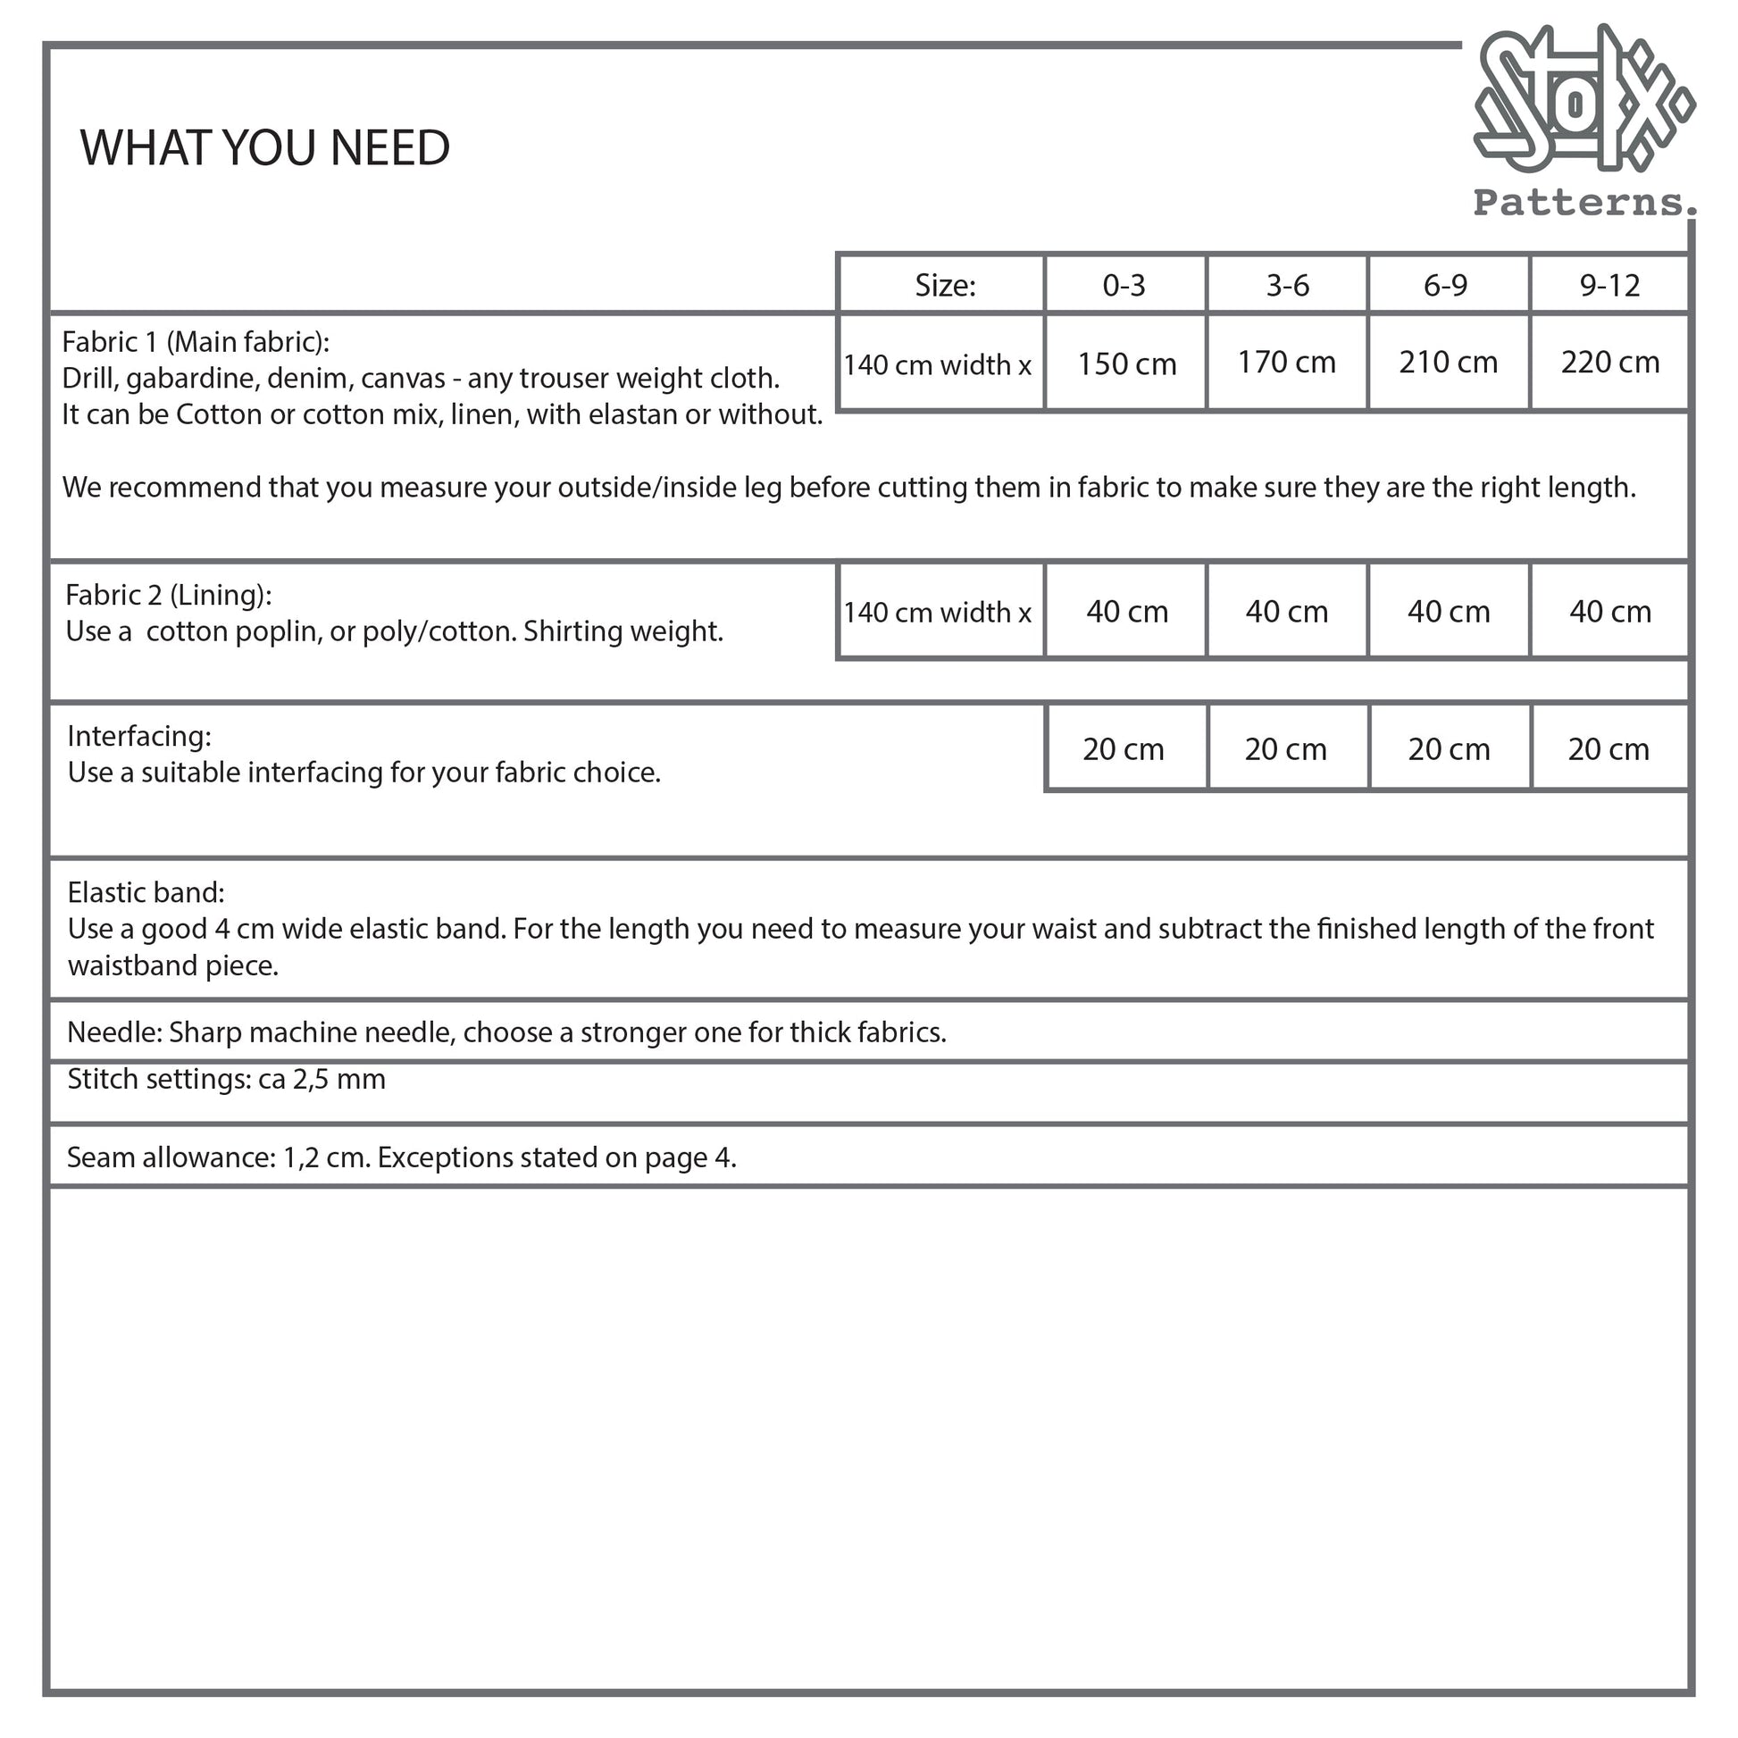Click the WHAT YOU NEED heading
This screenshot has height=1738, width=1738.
264,147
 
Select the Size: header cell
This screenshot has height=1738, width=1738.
945,285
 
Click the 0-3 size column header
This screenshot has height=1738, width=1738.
1124,285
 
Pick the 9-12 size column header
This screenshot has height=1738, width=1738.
1609,285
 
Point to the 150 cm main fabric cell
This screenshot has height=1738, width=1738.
1126,363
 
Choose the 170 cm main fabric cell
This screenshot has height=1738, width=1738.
1286,362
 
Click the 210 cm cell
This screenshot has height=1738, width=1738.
1448,362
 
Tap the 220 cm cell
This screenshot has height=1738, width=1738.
1609,362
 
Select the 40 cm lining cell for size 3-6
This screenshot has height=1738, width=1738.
1286,612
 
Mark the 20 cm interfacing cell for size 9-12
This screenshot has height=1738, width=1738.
1608,748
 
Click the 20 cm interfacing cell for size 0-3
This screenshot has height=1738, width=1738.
1124,748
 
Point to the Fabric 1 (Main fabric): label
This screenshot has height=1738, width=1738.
196,342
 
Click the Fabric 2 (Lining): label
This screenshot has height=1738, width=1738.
168,595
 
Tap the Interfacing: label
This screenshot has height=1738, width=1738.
139,736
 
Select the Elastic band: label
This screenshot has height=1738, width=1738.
146,892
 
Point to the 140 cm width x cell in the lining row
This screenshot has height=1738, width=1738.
938,612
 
